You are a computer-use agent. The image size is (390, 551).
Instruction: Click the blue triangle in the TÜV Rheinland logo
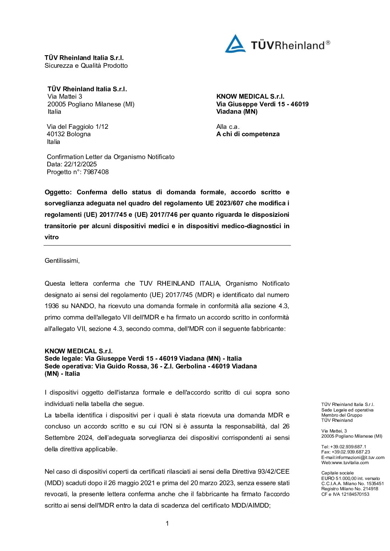(235, 44)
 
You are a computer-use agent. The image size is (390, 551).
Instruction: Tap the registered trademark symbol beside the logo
(328, 43)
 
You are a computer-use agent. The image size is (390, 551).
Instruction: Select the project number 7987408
(96, 172)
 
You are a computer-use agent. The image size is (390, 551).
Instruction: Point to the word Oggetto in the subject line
(59, 192)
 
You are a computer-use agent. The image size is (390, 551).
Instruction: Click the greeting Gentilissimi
(62, 261)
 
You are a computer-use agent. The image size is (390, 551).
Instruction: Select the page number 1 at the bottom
(167, 523)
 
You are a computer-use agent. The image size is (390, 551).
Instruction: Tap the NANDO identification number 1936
(52, 306)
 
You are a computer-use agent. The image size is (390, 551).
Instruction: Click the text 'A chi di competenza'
(248, 134)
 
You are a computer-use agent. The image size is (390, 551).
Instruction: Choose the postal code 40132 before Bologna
(56, 134)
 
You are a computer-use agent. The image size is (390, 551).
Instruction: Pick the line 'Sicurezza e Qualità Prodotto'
(86, 66)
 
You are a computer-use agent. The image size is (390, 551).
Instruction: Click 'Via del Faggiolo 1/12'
(77, 127)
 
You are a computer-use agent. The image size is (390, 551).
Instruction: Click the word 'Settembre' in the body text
(60, 438)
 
